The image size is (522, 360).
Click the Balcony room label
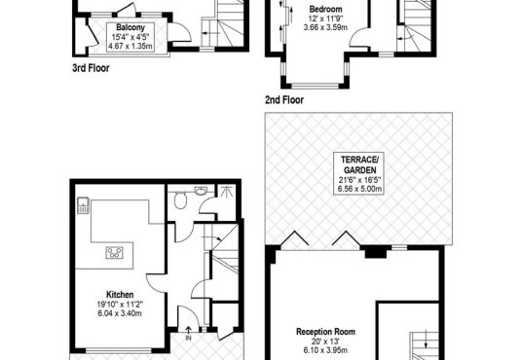click(130, 27)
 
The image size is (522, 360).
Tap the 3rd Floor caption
click(91, 68)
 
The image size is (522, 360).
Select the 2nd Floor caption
click(284, 100)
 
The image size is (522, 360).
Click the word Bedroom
click(325, 9)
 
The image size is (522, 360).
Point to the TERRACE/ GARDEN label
click(359, 164)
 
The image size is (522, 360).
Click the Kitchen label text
click(120, 295)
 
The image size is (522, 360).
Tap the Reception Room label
click(325, 332)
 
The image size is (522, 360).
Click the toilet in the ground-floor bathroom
click(180, 200)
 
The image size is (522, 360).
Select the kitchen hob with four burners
click(115, 253)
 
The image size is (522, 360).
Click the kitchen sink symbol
click(83, 205)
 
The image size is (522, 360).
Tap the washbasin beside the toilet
click(201, 191)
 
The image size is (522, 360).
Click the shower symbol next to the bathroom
click(226, 192)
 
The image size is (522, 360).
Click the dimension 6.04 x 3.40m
click(120, 313)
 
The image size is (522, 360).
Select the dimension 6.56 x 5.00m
click(359, 189)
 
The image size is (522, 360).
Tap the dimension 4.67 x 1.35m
click(130, 46)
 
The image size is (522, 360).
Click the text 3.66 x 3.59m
click(325, 27)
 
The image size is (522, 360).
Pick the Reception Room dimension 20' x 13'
click(325, 342)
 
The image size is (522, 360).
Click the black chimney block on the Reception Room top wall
click(376, 251)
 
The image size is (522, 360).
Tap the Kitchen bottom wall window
click(119, 350)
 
